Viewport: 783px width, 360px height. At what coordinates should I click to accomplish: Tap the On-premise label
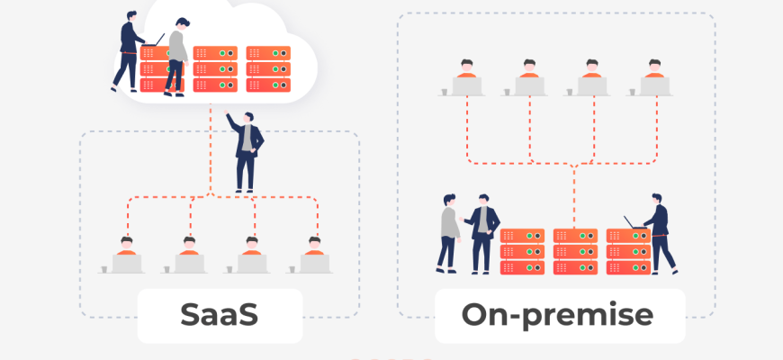tap(557, 315)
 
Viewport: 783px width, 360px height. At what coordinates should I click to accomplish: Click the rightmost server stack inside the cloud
tap(269, 69)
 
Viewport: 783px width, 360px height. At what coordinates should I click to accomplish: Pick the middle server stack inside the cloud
tap(216, 69)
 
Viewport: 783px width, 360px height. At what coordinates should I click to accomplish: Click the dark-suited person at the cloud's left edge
tap(127, 49)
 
